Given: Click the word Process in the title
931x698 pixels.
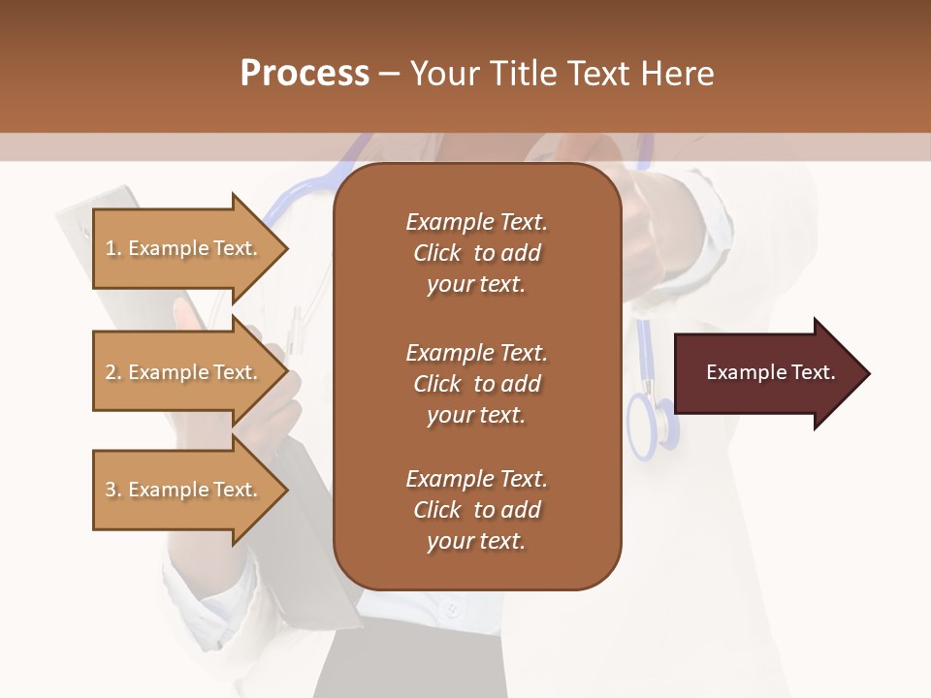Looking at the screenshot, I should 304,74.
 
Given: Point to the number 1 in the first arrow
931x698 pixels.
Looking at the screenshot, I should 111,248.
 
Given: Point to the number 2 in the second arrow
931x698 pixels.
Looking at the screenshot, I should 111,372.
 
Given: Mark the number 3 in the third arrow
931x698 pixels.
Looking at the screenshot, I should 111,490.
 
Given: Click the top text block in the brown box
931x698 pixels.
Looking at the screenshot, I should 476,253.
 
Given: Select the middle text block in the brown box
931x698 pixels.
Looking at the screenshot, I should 476,384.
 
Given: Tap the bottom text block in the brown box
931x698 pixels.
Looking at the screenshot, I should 476,510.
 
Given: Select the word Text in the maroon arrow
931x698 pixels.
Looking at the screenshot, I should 813,372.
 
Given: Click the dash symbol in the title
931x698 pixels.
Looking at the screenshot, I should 389,74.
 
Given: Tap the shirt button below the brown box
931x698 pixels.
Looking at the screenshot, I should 450,611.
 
